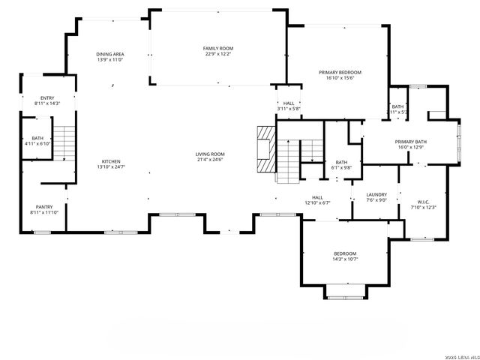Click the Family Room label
(x=217, y=48)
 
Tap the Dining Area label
(x=110, y=55)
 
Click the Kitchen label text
(x=111, y=161)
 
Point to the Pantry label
(x=44, y=207)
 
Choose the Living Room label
(x=211, y=154)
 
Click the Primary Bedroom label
(x=340, y=72)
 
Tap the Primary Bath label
(x=411, y=142)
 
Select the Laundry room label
(x=376, y=193)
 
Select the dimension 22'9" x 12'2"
(x=217, y=54)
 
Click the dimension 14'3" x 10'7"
(x=346, y=259)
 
